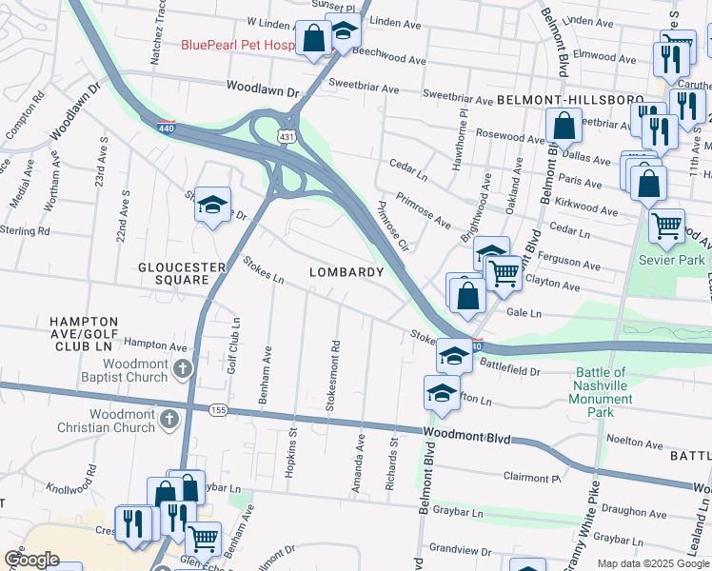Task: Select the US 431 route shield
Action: (x=286, y=111)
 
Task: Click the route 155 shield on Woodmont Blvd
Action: (x=221, y=409)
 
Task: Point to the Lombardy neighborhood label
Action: (x=346, y=272)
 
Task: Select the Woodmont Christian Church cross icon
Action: (x=169, y=419)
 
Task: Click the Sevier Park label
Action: (x=672, y=260)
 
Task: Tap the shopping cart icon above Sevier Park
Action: (x=667, y=226)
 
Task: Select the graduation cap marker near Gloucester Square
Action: (x=213, y=203)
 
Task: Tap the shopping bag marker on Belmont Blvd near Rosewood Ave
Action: (x=564, y=125)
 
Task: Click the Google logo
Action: (x=31, y=560)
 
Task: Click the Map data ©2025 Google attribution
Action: (x=652, y=563)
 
